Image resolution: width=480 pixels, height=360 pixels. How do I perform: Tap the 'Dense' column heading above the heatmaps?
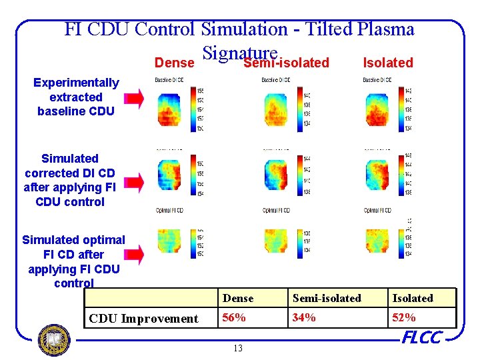point(173,63)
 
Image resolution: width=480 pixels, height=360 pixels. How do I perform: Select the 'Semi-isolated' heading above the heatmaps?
point(287,63)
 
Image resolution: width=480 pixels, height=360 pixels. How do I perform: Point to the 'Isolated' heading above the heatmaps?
point(387,63)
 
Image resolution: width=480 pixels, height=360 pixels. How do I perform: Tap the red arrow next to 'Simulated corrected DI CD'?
point(134,181)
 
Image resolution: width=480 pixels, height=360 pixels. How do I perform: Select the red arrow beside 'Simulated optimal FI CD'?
point(134,253)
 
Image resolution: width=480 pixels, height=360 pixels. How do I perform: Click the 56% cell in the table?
point(234,317)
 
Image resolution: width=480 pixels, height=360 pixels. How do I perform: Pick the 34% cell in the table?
point(304,317)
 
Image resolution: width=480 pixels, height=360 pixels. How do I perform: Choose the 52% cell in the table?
point(404,317)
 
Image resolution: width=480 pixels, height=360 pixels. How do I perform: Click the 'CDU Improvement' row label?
point(143,319)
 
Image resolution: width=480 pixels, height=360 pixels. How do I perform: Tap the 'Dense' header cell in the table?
point(238,298)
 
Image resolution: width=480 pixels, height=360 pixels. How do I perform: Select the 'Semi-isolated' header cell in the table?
point(327,298)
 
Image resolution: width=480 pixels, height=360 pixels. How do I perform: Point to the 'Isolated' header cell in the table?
point(412,298)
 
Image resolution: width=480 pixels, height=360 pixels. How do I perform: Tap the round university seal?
point(54,340)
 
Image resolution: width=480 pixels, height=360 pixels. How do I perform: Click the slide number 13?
point(239,348)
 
